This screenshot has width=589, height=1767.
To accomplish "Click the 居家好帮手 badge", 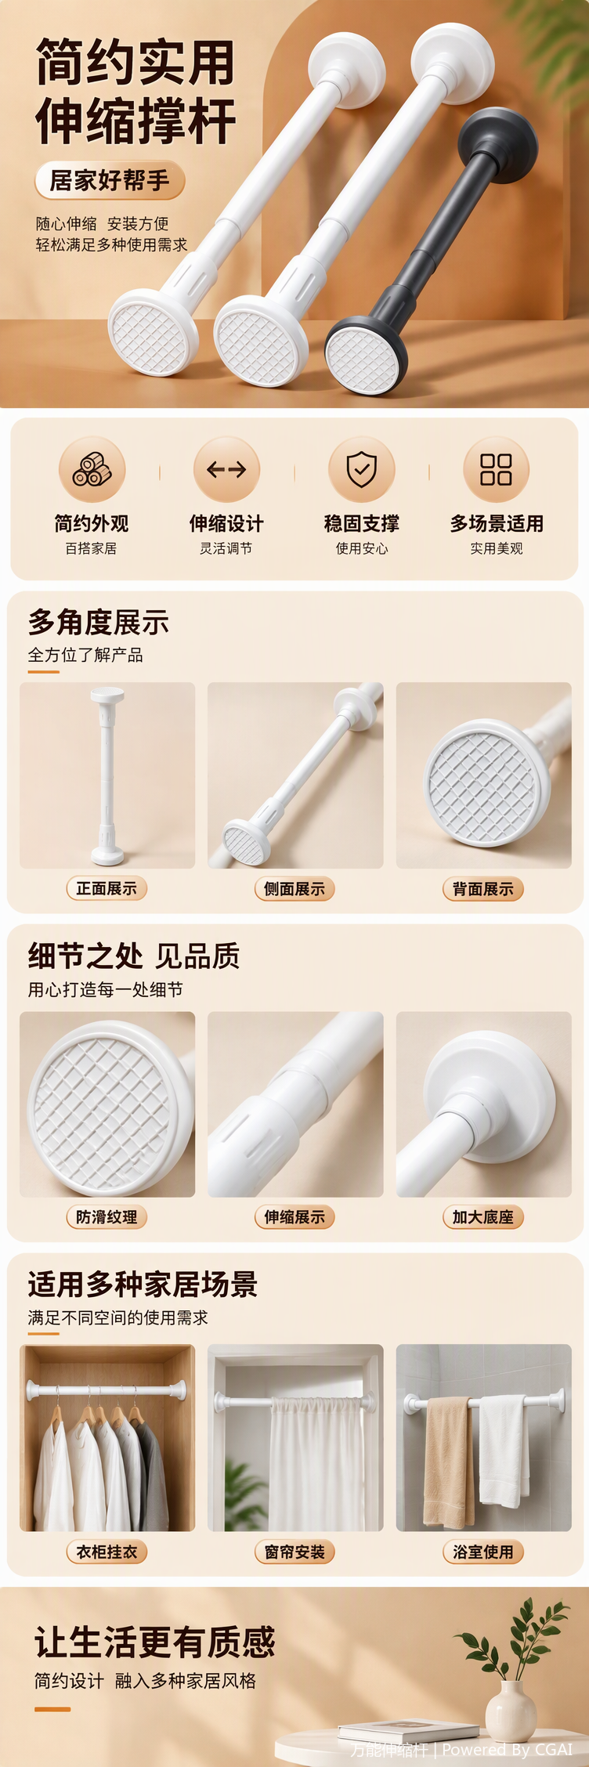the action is click(110, 181).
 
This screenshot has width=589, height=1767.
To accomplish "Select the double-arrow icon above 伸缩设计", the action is click(226, 469).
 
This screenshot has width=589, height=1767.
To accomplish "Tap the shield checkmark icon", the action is click(362, 469).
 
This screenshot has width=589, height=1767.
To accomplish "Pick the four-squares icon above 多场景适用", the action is click(496, 469).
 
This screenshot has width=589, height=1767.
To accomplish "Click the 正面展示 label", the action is click(107, 888).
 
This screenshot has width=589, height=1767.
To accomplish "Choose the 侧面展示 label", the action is click(294, 888).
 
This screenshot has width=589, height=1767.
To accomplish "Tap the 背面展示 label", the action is click(483, 888).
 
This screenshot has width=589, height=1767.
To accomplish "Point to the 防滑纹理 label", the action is click(107, 1216).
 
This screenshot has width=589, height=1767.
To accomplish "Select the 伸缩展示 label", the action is click(294, 1216).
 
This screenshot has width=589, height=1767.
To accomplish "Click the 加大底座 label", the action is click(483, 1216).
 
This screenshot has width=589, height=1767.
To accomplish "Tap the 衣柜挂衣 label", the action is click(107, 1551).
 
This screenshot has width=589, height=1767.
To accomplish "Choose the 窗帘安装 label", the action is click(294, 1551).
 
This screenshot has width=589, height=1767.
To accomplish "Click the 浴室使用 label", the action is click(483, 1551).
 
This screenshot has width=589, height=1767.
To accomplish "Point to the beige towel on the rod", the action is click(449, 1462).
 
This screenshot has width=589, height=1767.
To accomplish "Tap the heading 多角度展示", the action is click(99, 623).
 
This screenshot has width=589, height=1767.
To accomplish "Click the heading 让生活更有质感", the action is click(155, 1642).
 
